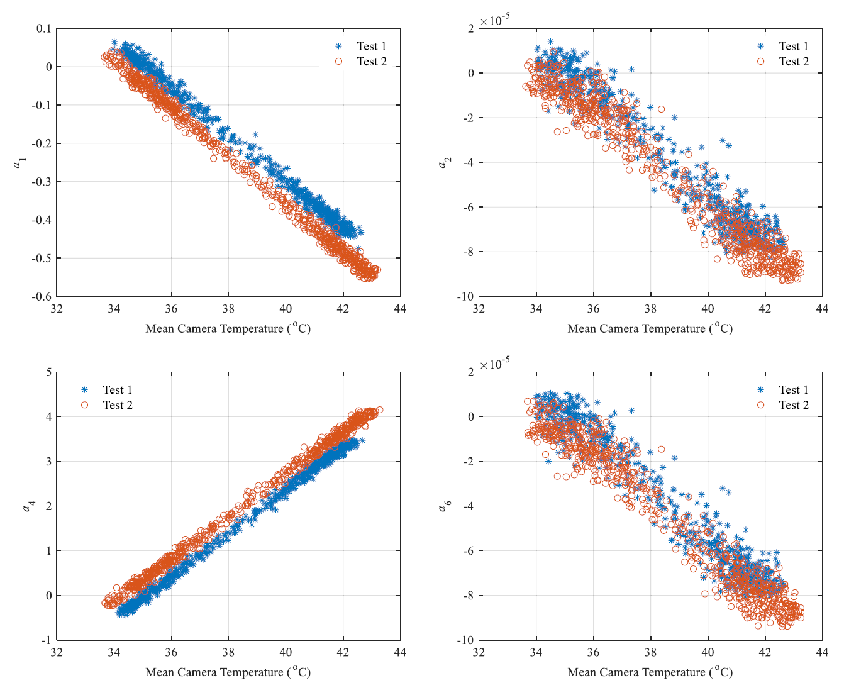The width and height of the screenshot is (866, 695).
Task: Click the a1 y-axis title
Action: click(x=19, y=162)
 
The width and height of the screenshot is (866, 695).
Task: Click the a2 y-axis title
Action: click(x=442, y=162)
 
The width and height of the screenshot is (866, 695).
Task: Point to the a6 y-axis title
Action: click(x=442, y=506)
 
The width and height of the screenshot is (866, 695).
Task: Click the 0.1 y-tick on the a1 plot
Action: click(x=44, y=29)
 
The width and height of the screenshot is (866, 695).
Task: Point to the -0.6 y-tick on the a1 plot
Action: click(x=42, y=296)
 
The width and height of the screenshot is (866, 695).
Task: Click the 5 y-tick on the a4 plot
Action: click(x=48, y=372)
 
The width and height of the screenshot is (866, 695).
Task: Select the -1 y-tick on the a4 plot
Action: click(x=46, y=640)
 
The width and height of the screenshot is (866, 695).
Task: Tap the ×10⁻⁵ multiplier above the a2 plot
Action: click(x=494, y=20)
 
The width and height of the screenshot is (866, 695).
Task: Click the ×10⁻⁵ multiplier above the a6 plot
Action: click(x=494, y=364)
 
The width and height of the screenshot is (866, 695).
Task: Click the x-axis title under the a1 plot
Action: click(x=228, y=328)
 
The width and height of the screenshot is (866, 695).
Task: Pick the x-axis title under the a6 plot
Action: click(x=650, y=672)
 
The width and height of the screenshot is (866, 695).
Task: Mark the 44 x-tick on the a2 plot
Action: click(x=822, y=309)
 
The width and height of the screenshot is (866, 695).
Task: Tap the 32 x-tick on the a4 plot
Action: click(x=57, y=652)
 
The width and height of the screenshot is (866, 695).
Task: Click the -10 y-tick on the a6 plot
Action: click(x=465, y=640)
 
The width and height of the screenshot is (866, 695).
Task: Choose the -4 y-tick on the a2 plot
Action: click(x=467, y=162)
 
